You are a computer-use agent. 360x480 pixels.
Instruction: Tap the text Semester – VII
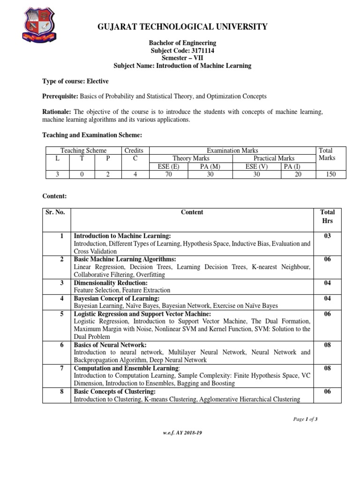pos(182,58)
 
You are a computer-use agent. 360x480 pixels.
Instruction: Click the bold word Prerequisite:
pos(60,96)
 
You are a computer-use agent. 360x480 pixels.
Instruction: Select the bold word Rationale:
pos(57,112)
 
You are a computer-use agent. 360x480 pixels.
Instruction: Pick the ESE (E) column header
pos(168,166)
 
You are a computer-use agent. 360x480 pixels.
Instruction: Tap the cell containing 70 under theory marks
pos(168,174)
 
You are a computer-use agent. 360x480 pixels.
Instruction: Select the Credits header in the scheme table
pos(134,150)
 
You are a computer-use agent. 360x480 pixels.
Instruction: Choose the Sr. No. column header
pos(55,212)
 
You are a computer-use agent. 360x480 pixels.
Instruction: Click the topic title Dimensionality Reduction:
pos(111,283)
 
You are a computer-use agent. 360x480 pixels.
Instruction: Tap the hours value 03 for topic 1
pos(328,236)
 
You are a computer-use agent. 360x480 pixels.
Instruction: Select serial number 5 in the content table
pos(61,314)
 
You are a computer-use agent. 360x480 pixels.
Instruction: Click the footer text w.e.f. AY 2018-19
pos(182,433)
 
